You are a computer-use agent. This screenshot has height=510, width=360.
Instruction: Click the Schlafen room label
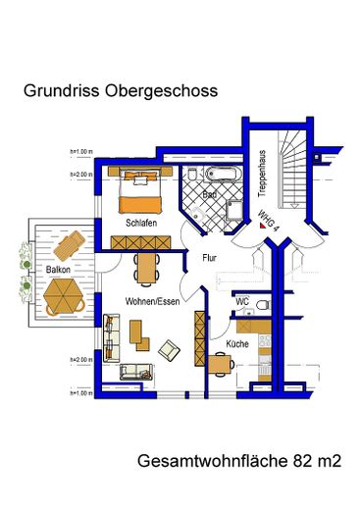pyautogui.click(x=142, y=224)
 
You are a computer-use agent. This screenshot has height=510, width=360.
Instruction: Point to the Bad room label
pyautogui.click(x=209, y=195)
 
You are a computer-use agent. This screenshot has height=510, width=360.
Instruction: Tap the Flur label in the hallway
pyautogui.click(x=209, y=260)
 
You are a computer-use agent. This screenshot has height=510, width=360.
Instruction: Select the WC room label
pyautogui.click(x=242, y=301)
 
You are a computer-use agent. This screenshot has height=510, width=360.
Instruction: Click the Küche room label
pyautogui.click(x=236, y=345)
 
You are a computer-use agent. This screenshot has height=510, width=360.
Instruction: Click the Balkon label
pyautogui.click(x=58, y=268)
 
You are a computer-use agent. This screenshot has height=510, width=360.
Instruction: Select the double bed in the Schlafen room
pyautogui.click(x=138, y=191)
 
